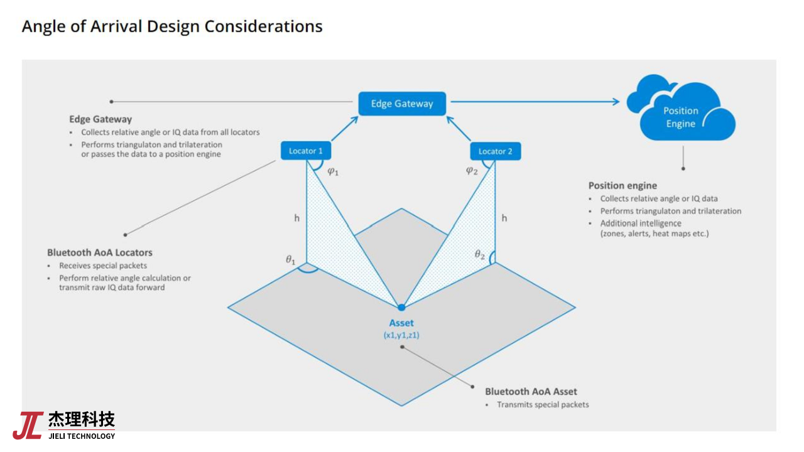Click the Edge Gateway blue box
click(x=402, y=104)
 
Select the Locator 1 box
click(x=306, y=151)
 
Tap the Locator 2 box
click(x=495, y=151)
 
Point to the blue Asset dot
click(x=401, y=307)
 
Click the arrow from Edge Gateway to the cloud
click(x=534, y=101)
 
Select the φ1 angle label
click(x=333, y=171)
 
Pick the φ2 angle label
click(x=472, y=170)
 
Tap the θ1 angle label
click(x=290, y=259)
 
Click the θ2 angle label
click(x=480, y=254)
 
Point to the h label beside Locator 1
click(x=297, y=218)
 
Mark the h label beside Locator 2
click(x=504, y=218)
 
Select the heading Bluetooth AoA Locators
click(x=100, y=252)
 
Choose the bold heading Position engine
click(x=622, y=186)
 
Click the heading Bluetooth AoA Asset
click(x=531, y=391)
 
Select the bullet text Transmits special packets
click(x=543, y=405)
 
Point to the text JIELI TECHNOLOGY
click(x=82, y=436)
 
